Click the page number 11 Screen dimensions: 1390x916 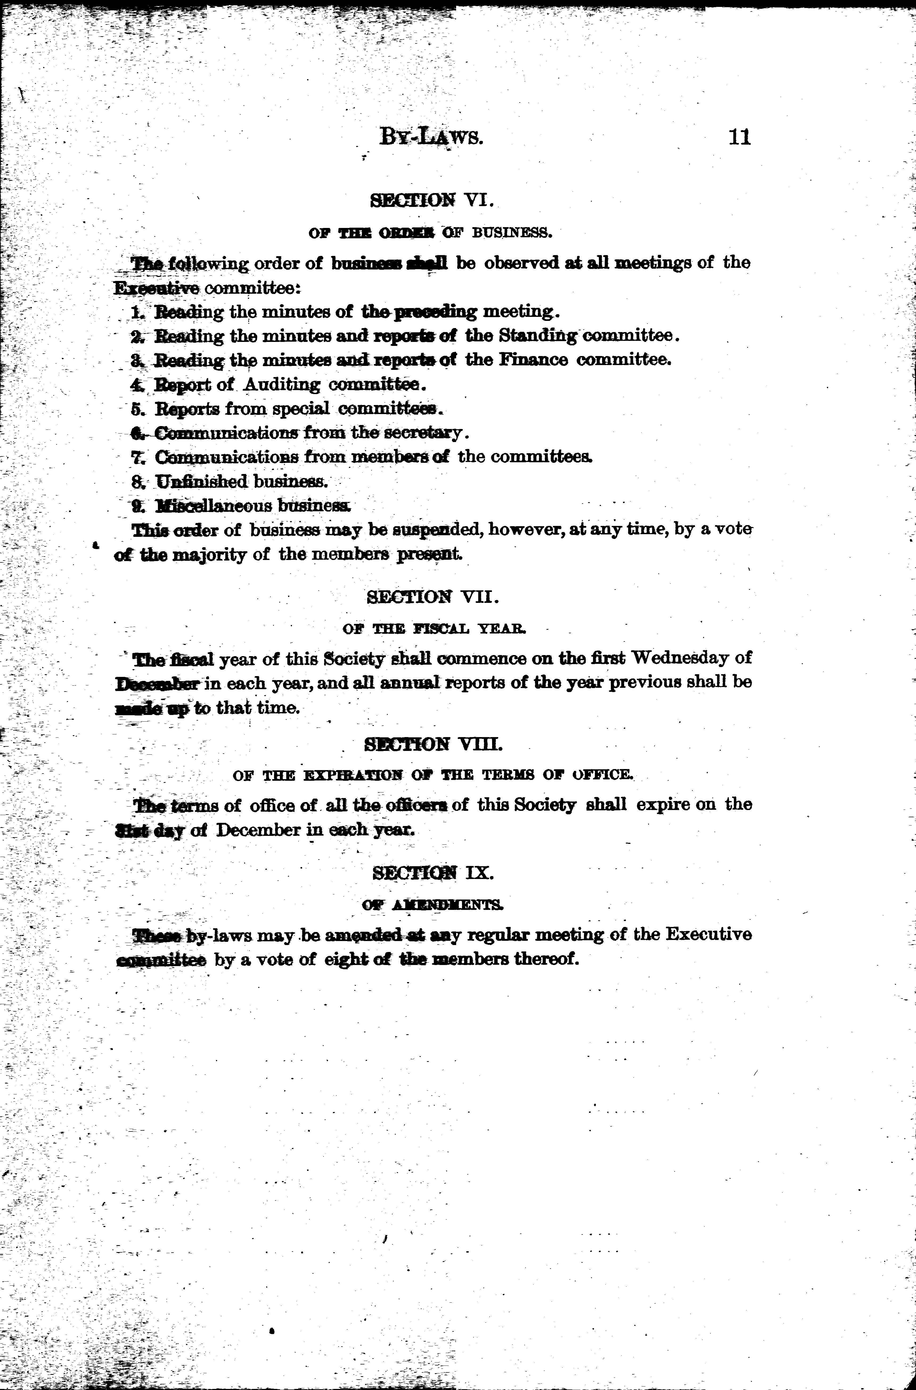point(739,137)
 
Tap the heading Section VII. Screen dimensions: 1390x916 point(432,597)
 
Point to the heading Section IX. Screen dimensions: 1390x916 point(433,873)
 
